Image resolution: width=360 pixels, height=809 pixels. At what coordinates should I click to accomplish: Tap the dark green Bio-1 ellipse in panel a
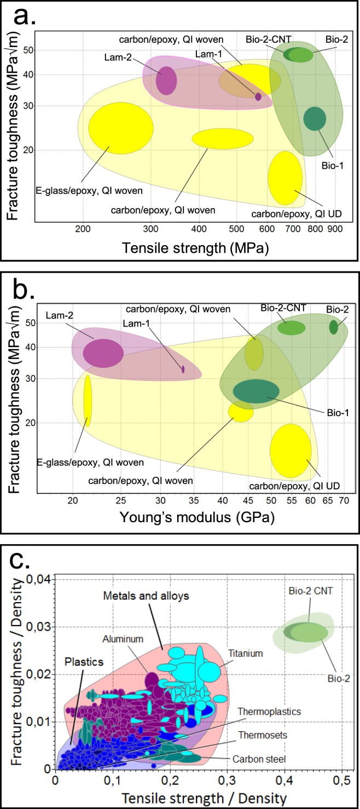[315, 119]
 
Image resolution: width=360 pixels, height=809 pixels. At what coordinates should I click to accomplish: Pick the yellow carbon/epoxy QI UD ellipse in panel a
[285, 177]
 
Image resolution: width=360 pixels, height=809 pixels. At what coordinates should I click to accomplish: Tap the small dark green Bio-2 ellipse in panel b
[333, 327]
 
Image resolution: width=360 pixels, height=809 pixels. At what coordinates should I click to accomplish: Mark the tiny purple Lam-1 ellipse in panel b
[183, 369]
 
